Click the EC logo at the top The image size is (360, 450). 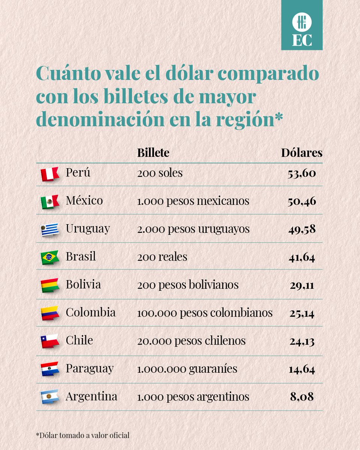pyautogui.click(x=301, y=25)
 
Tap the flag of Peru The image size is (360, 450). pyautogui.click(x=50, y=174)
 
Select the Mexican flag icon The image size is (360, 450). pyautogui.click(x=50, y=202)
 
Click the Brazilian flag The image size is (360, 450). pyautogui.click(x=50, y=257)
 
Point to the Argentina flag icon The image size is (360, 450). pyautogui.click(x=50, y=397)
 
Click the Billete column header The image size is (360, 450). pyautogui.click(x=153, y=153)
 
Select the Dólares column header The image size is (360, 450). pyautogui.click(x=301, y=153)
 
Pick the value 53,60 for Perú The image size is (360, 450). pyautogui.click(x=301, y=174)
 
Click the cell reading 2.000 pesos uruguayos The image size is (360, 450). pyautogui.click(x=193, y=229)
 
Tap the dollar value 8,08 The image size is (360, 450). pyautogui.click(x=301, y=396)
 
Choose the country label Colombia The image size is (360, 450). pyautogui.click(x=90, y=312)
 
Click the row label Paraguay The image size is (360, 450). pyautogui.click(x=89, y=369)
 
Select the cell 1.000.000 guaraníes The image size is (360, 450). pyautogui.click(x=187, y=369)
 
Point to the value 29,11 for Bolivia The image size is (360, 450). pyautogui.click(x=301, y=285)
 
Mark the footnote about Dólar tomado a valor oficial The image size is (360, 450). pyautogui.click(x=83, y=435)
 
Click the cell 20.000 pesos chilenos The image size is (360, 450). pyautogui.click(x=191, y=340)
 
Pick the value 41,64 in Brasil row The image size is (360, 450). pyautogui.click(x=301, y=257)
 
